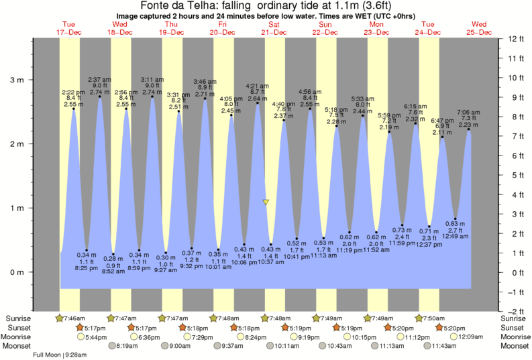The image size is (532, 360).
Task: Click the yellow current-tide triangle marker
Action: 266,201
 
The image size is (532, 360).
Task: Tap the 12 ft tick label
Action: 517,39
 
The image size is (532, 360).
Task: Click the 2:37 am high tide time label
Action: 99,79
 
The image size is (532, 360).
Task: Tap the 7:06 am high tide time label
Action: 468,112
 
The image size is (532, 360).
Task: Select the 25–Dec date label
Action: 480,32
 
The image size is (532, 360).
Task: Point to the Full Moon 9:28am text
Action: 61,355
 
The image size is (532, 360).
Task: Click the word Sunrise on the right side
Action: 515,318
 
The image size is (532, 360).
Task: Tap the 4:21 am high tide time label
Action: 257,86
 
